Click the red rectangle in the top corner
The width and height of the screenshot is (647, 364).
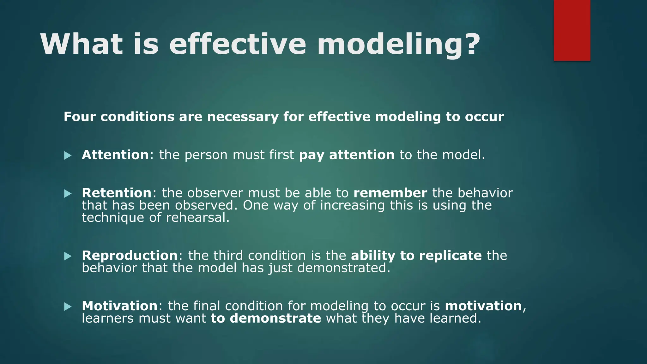[572, 30]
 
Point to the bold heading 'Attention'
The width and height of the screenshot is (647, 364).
[115, 155]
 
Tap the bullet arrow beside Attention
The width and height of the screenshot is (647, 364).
[68, 155]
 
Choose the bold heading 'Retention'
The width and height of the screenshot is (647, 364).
[117, 193]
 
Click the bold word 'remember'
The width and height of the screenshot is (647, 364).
[390, 193]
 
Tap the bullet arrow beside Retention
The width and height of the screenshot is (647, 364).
[68, 194]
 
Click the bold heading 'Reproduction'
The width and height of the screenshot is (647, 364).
[130, 256]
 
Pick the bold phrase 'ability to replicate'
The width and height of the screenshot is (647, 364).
[416, 256]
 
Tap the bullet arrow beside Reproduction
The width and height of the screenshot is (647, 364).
[68, 256]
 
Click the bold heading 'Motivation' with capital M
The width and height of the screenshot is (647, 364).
[119, 306]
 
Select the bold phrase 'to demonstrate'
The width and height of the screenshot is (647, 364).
[266, 318]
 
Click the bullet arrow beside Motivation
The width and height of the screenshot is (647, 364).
[68, 306]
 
